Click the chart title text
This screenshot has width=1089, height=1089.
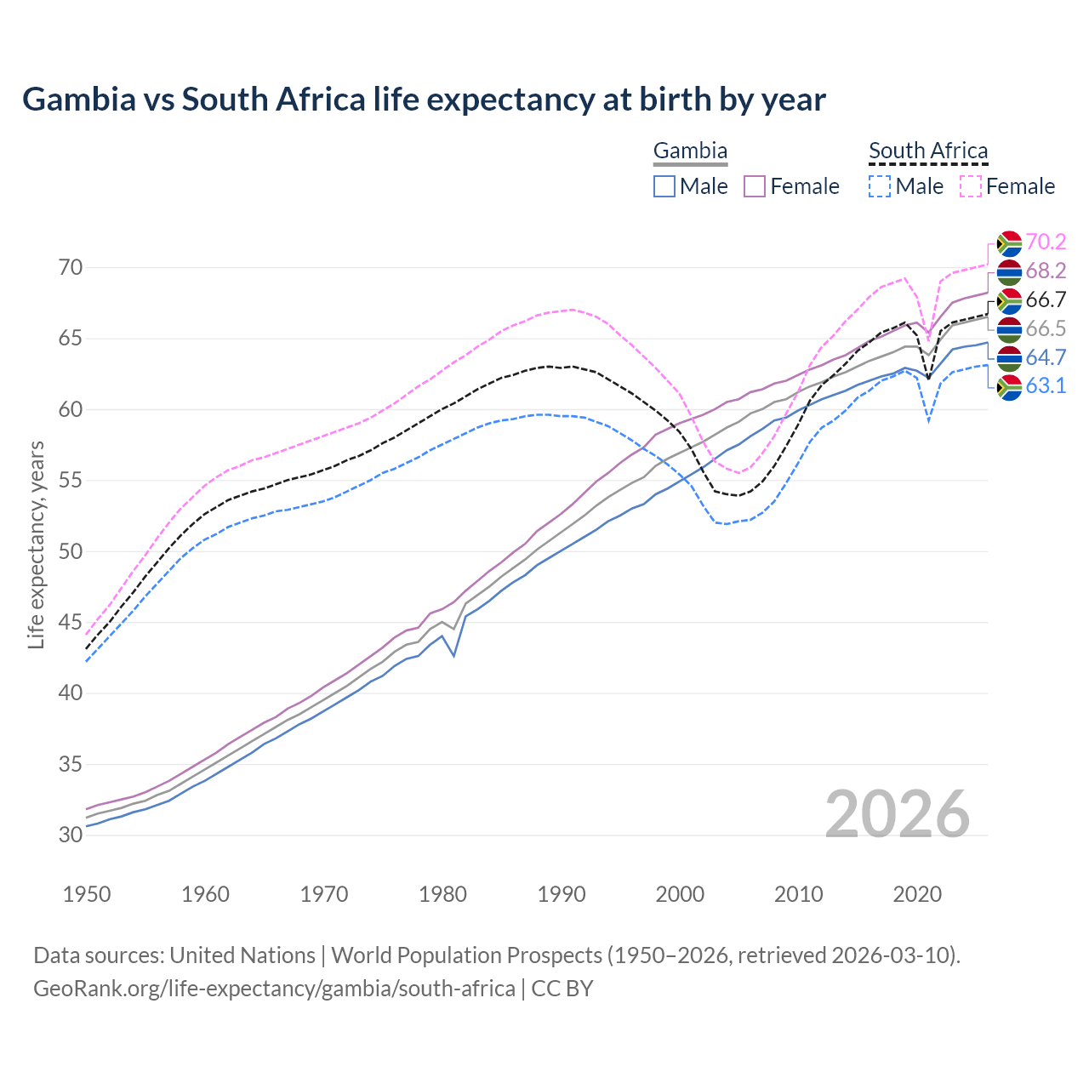[424, 100]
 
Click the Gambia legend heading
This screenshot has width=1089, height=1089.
[690, 151]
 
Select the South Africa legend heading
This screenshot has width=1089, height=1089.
[928, 151]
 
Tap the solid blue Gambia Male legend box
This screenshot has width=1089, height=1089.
[664, 186]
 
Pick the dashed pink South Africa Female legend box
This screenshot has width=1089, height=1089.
[971, 186]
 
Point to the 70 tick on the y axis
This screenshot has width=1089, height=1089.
[71, 268]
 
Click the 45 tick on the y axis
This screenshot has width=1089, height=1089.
[71, 623]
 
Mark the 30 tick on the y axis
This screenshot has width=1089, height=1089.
[71, 835]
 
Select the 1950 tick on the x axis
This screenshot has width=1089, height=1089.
[88, 894]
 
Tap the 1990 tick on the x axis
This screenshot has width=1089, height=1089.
[562, 894]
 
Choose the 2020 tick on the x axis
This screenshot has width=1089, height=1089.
[917, 894]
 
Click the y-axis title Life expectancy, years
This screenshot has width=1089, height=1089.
[36, 544]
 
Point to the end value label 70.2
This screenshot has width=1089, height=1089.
[1046, 242]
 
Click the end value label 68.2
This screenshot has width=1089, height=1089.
[1046, 271]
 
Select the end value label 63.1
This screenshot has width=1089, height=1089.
[1046, 386]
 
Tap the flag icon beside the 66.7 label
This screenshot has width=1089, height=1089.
[1009, 300]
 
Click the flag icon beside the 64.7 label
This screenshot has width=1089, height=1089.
[1009, 357]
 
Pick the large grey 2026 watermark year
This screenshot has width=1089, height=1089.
[898, 814]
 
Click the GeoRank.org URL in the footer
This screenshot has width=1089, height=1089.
[274, 989]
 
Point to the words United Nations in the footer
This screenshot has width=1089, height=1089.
[242, 955]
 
